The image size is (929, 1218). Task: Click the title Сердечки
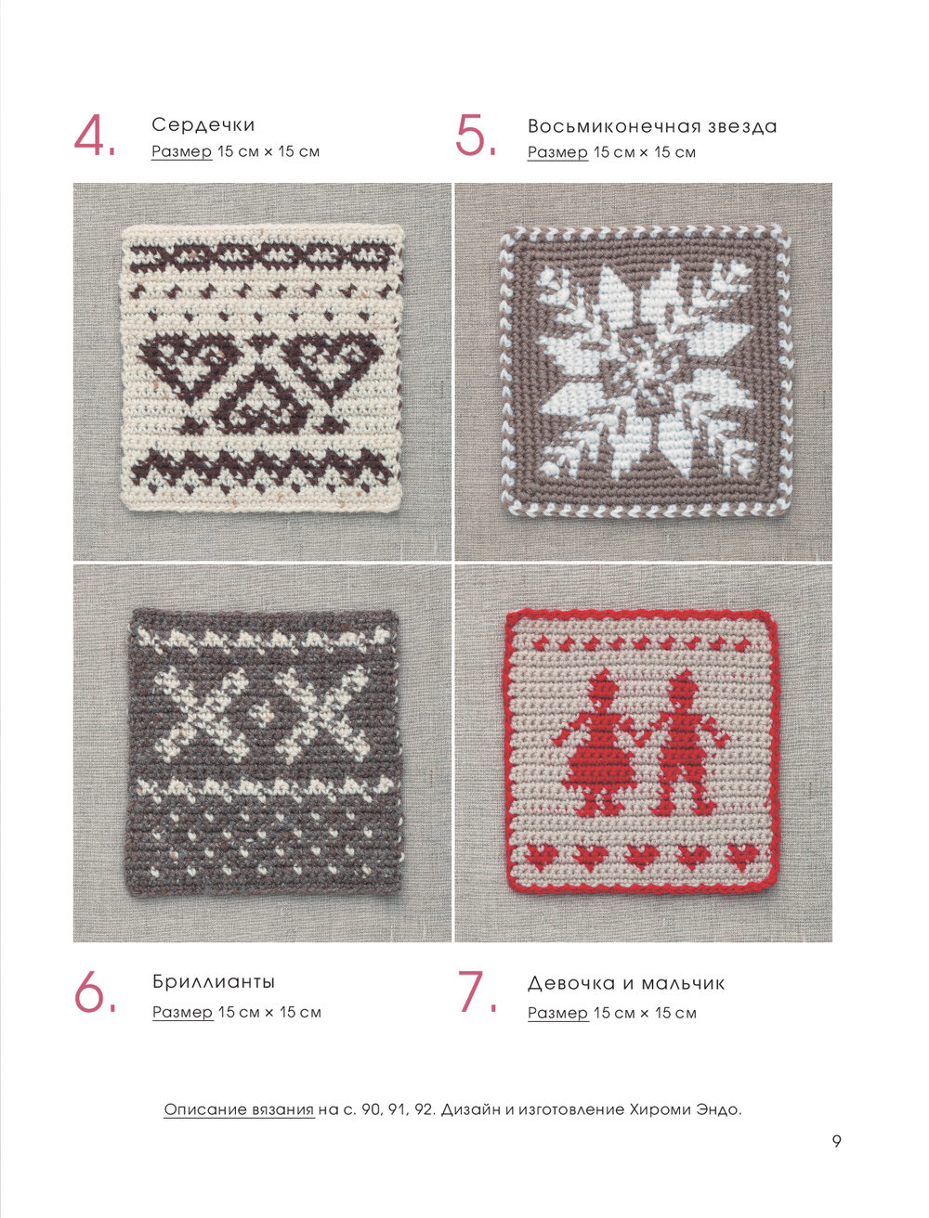click(203, 124)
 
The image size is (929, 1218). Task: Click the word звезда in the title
click(742, 126)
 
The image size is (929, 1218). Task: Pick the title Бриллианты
click(214, 982)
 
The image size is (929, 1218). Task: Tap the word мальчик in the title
click(683, 984)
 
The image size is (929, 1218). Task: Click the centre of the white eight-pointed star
click(646, 370)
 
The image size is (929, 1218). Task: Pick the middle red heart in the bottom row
click(643, 857)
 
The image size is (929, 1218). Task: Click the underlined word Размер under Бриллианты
click(183, 1012)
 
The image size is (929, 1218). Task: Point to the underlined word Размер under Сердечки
click(181, 151)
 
